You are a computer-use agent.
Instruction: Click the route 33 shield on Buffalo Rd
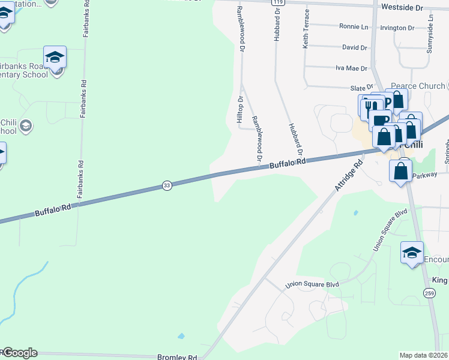point(167,186)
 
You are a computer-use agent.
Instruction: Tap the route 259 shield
point(429,293)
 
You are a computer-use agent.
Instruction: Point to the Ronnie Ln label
point(354,27)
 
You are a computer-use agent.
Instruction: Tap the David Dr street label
point(354,47)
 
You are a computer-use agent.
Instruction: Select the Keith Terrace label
point(306,29)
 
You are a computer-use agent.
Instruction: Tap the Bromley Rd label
point(177,356)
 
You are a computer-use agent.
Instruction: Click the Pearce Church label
point(418,86)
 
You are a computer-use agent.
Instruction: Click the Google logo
point(19,353)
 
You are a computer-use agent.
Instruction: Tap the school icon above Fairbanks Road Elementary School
point(55,58)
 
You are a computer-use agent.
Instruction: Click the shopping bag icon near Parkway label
point(401,171)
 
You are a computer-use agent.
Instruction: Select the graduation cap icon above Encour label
point(412,253)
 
